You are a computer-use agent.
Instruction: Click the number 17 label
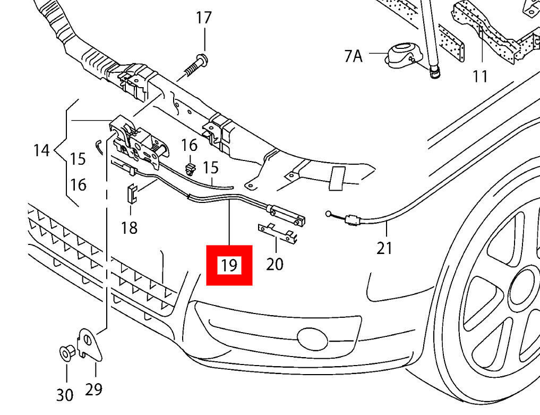[x=203, y=18]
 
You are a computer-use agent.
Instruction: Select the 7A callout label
[x=353, y=55]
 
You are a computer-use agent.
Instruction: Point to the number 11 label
[x=480, y=77]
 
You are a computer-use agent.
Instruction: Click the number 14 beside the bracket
[x=41, y=150]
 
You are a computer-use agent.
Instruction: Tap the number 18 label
[x=129, y=228]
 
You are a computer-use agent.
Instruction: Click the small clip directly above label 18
[x=131, y=193]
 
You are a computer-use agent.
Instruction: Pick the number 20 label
[x=275, y=264]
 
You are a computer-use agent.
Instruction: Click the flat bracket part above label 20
[x=277, y=233]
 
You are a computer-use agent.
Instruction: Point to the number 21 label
[x=384, y=248]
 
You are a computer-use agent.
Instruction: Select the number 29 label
[x=93, y=389]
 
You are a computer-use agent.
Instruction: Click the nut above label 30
[x=66, y=352]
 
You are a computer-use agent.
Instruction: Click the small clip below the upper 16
[x=190, y=169]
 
